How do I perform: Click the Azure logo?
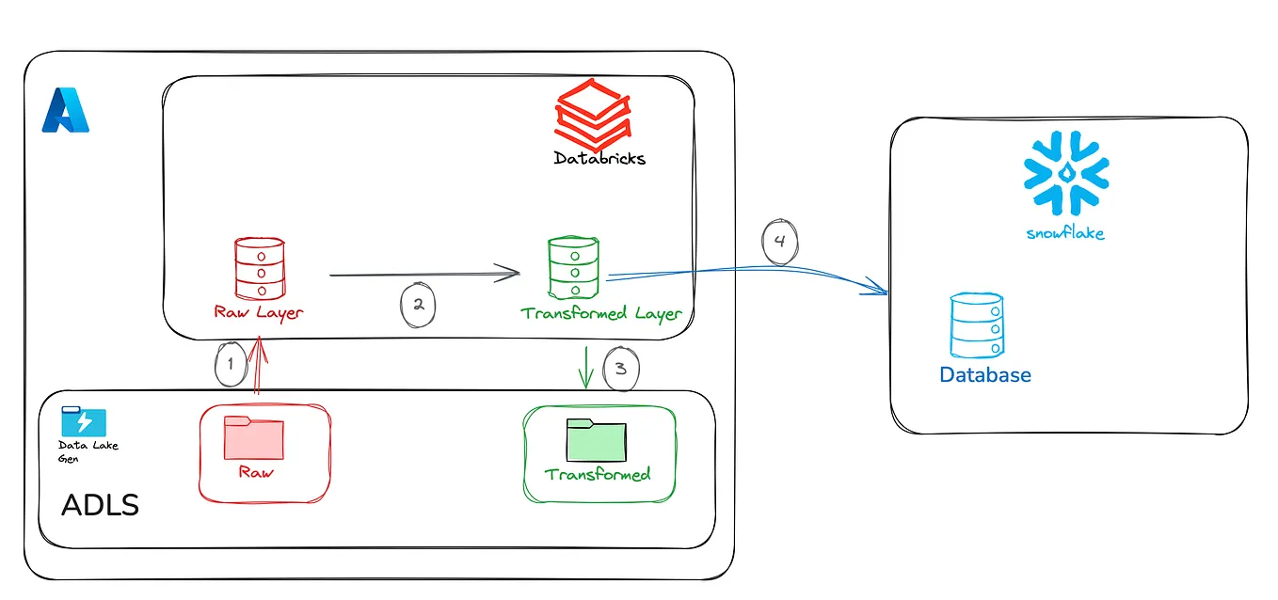(x=65, y=110)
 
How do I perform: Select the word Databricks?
(x=599, y=158)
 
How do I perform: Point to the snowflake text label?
(x=1065, y=232)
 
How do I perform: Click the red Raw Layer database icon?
(x=258, y=268)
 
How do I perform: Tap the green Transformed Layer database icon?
(x=572, y=268)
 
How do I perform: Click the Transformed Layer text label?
(x=599, y=313)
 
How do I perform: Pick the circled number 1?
(x=228, y=363)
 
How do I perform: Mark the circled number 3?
(x=620, y=368)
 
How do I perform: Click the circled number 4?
(x=779, y=242)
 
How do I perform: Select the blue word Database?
(x=985, y=374)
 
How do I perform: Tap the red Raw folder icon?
(x=253, y=437)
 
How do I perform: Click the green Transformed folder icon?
(x=597, y=438)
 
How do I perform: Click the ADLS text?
(x=100, y=505)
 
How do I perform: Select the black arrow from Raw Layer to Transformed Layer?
(x=423, y=275)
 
